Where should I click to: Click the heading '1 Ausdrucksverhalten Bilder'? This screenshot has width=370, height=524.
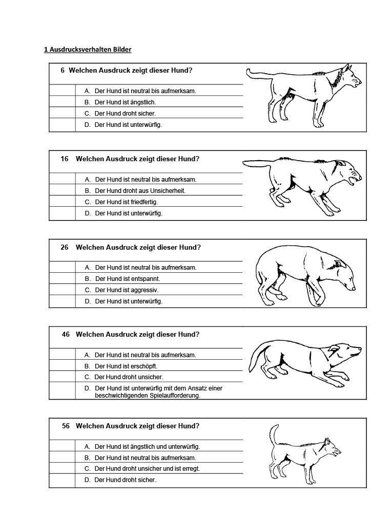(x=88, y=50)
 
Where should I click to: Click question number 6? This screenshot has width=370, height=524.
(x=63, y=71)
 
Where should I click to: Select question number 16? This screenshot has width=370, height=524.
(x=65, y=159)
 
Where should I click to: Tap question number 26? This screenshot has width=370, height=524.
(x=65, y=247)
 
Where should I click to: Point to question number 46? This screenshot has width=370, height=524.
(x=66, y=334)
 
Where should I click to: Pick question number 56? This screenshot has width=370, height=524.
(x=66, y=426)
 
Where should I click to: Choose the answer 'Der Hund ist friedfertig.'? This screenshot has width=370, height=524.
(x=126, y=202)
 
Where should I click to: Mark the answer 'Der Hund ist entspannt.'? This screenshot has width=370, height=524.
(x=127, y=279)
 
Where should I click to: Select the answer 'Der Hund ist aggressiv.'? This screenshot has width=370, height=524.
(x=127, y=290)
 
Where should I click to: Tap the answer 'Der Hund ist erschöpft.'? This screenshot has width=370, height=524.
(x=126, y=366)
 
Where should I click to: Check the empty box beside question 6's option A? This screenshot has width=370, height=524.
(x=62, y=91)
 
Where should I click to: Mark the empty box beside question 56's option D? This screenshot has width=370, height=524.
(x=63, y=480)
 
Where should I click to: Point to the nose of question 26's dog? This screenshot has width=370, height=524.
(x=354, y=289)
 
